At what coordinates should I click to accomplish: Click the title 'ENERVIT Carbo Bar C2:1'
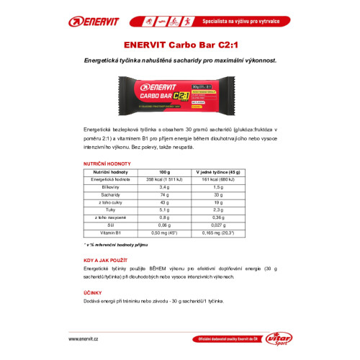[180, 48]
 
